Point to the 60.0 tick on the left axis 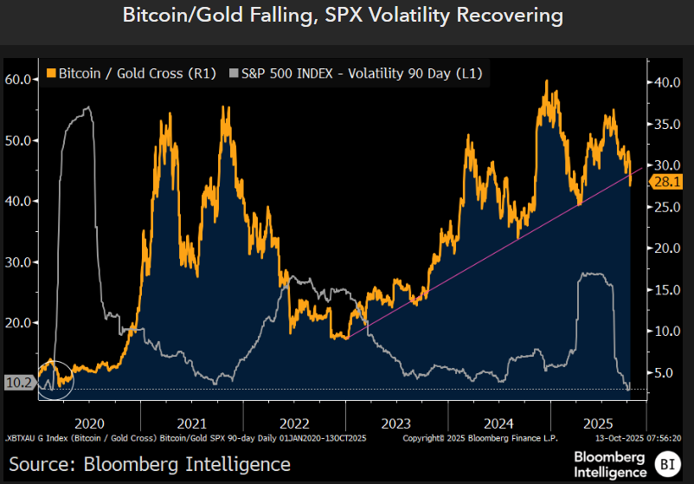click(x=19, y=79)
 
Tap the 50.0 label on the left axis click(x=19, y=140)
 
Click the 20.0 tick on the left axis click(x=19, y=323)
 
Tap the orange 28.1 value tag click(x=668, y=182)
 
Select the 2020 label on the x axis click(x=90, y=424)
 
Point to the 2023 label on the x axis click(x=396, y=424)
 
